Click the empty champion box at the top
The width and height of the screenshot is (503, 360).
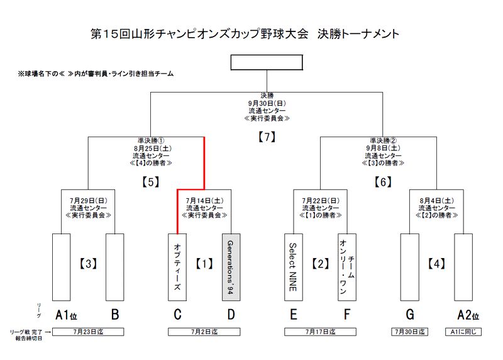pos(267,62)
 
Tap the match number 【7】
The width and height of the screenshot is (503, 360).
pos(267,136)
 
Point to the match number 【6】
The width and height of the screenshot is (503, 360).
pos(383,182)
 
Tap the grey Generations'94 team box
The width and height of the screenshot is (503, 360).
pos(230,266)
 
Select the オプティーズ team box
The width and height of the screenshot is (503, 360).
pos(177,266)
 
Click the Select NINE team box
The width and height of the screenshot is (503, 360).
pos(293,266)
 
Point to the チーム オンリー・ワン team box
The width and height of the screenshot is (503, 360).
pos(346,266)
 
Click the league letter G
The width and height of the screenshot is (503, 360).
pos(409,314)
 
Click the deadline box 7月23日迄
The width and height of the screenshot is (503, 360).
pos(87,331)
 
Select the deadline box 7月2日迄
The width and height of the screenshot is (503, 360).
pos(204,331)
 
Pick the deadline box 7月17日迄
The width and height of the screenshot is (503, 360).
pos(320,331)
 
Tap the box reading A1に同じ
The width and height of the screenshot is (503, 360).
pos(463,331)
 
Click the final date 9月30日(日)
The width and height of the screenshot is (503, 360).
pos(267,103)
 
